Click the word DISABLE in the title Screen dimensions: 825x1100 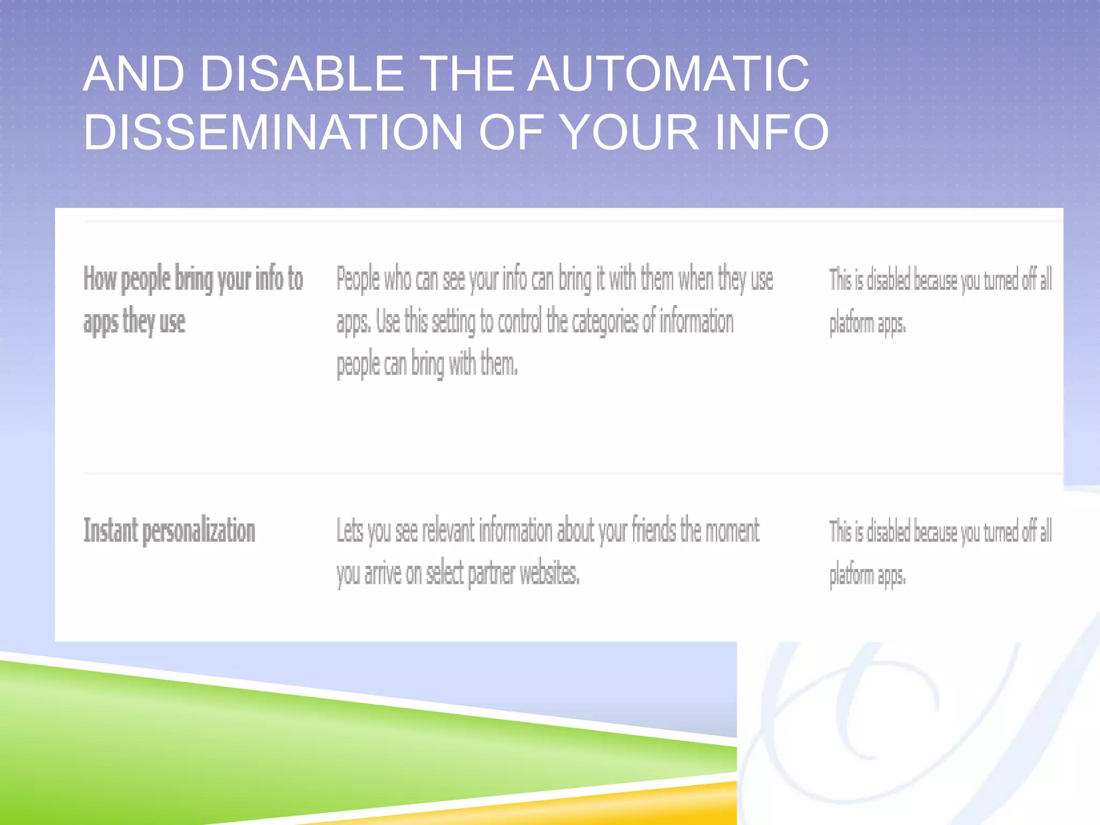[301, 74]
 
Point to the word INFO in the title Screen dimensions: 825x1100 [772, 132]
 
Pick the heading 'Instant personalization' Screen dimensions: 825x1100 [169, 531]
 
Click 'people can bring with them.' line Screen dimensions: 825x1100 [427, 365]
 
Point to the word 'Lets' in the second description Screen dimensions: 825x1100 [350, 531]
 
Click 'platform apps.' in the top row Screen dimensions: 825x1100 [867, 324]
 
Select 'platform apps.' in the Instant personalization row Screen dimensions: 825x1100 [867, 575]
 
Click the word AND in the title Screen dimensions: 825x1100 [134, 74]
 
